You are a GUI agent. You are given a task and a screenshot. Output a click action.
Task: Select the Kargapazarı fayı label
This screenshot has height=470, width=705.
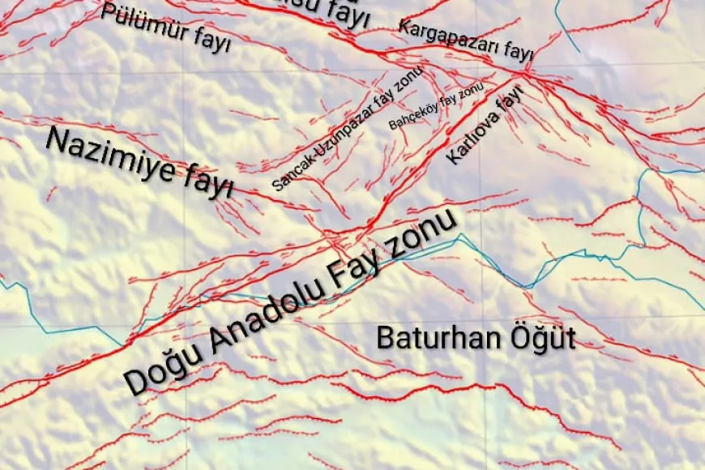(465, 40)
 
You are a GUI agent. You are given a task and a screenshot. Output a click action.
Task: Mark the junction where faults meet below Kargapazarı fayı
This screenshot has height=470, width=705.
(523, 73)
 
